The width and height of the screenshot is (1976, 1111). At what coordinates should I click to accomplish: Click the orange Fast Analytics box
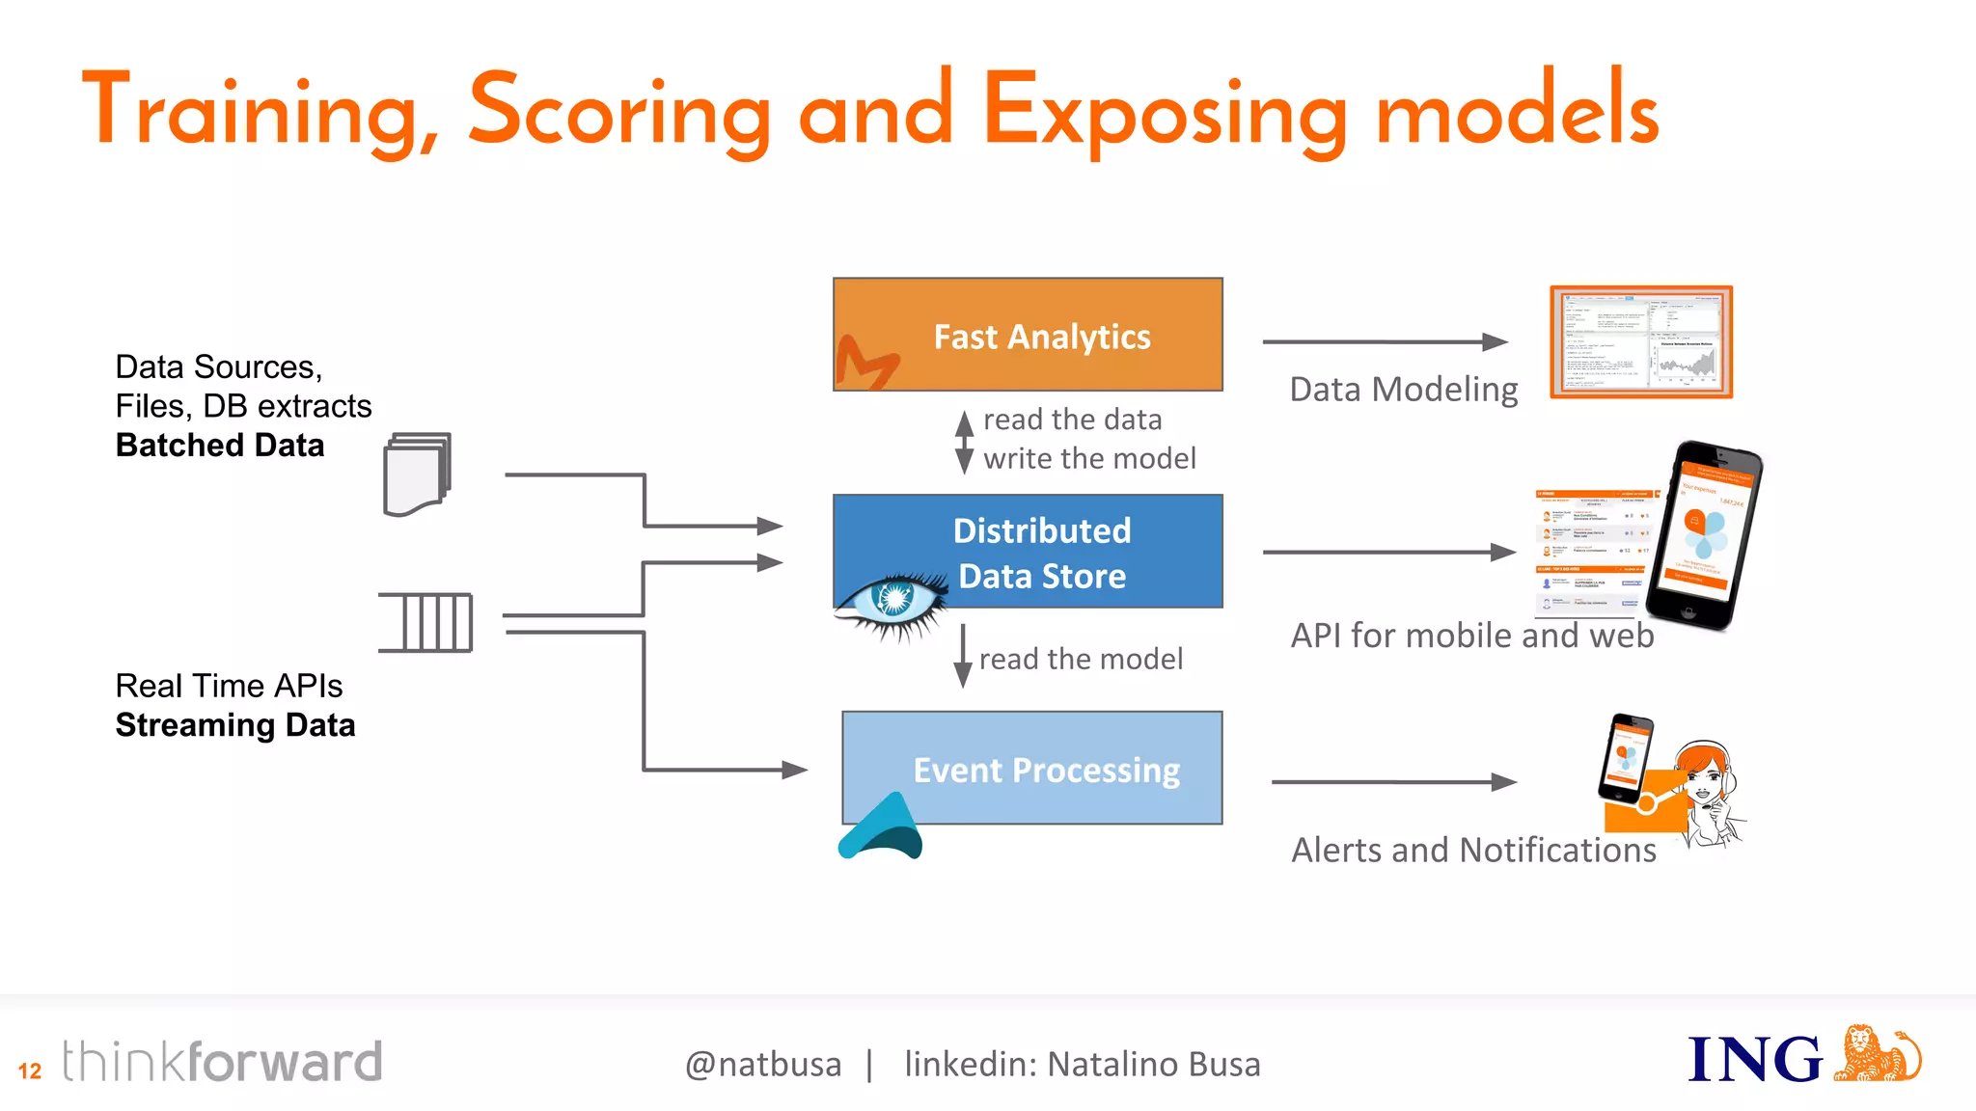(x=1028, y=334)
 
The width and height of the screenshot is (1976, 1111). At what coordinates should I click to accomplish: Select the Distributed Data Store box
(x=1028, y=551)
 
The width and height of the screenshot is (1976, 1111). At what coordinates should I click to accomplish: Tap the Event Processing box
(x=1031, y=768)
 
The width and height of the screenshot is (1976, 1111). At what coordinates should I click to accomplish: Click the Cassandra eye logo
(x=892, y=603)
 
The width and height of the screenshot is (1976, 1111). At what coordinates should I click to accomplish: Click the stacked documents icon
(x=417, y=474)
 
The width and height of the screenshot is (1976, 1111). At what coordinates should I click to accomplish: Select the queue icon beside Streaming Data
(x=425, y=622)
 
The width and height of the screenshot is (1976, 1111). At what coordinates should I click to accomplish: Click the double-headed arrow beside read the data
(x=963, y=442)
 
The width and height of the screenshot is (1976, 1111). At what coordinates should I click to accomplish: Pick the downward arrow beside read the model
(x=962, y=657)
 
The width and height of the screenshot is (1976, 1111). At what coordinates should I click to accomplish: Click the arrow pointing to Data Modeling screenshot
(x=1385, y=341)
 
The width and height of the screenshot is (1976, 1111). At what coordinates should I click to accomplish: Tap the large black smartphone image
(x=1703, y=535)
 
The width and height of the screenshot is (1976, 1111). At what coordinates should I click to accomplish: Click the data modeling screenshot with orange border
(x=1641, y=341)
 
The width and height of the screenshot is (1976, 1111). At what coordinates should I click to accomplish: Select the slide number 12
(x=30, y=1070)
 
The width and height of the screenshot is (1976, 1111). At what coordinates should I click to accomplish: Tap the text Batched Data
(x=220, y=446)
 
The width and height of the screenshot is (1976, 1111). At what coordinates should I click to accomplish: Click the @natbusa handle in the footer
(x=762, y=1065)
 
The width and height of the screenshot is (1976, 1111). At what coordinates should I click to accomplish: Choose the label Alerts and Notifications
(x=1473, y=850)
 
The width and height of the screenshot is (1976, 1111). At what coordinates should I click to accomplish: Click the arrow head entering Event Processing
(x=795, y=770)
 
